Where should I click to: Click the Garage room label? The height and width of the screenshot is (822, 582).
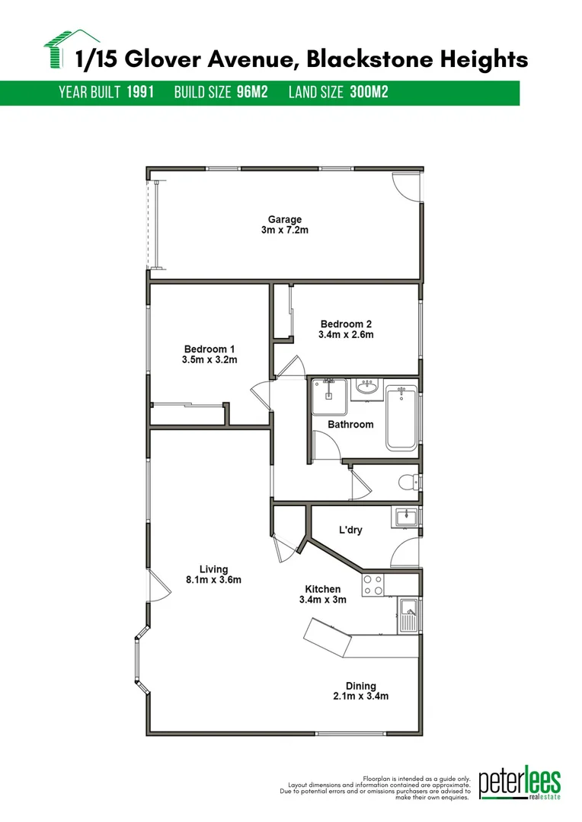click(284, 219)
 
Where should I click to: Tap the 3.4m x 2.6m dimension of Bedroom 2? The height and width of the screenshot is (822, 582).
click(346, 334)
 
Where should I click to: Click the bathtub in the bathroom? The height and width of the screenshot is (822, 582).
click(401, 418)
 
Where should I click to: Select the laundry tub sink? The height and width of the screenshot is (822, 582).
click(407, 518)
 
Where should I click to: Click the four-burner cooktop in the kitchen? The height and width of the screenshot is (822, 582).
click(373, 585)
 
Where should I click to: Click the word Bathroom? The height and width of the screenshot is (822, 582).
click(350, 424)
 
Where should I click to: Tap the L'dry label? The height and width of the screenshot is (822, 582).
click(350, 530)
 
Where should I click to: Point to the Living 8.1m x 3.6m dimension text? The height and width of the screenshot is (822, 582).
click(213, 580)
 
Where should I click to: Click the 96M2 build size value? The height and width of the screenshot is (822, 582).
click(252, 93)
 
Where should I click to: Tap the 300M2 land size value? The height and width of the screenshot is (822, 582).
click(369, 93)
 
